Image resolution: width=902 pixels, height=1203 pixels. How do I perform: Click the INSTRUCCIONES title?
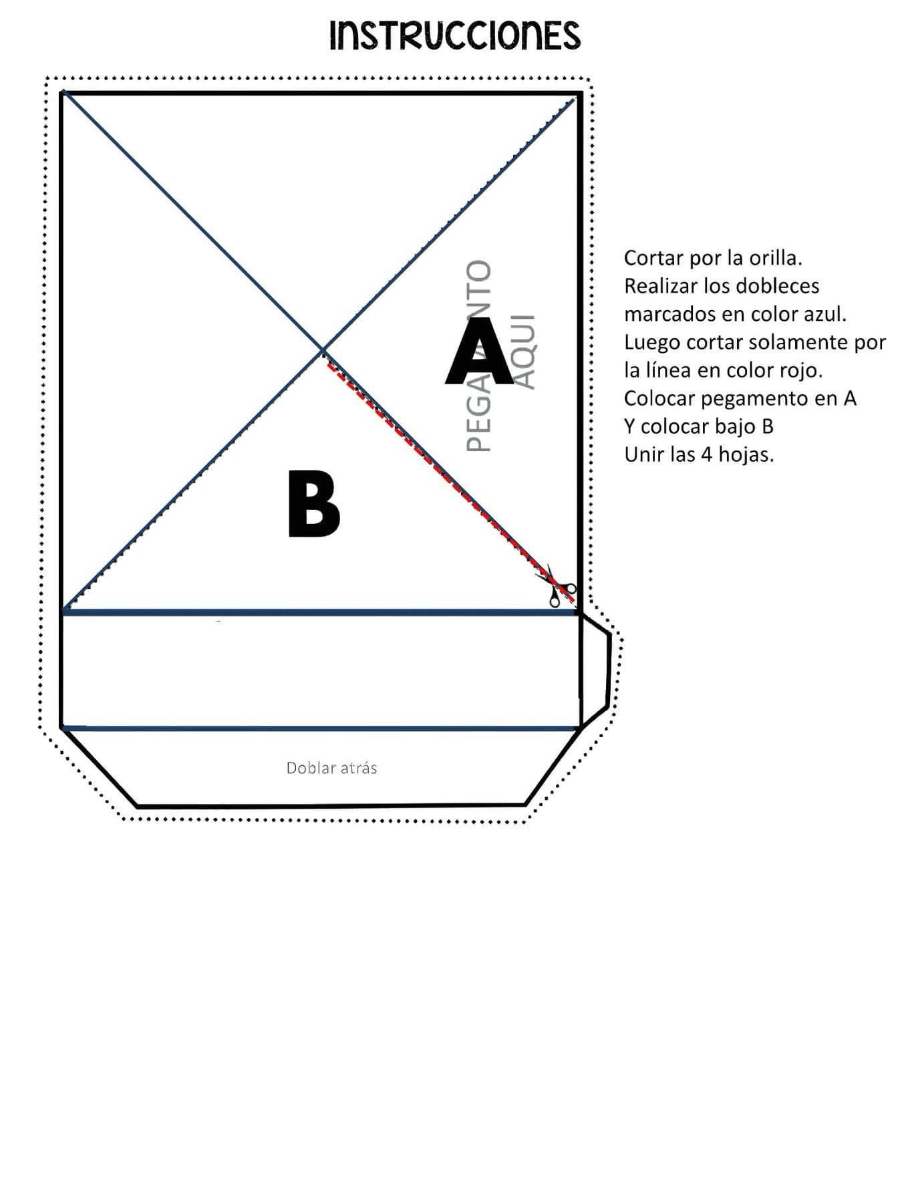455,35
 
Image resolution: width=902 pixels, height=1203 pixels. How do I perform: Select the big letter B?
313,503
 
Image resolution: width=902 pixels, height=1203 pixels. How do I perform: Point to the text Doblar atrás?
331,768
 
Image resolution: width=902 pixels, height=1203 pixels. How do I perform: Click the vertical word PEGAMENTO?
478,356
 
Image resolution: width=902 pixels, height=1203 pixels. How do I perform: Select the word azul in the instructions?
826,313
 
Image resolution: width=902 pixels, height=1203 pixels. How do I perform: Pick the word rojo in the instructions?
800,370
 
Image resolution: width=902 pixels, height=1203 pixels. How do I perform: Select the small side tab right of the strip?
595,670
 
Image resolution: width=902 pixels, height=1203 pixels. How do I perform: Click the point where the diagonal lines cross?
323,350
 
